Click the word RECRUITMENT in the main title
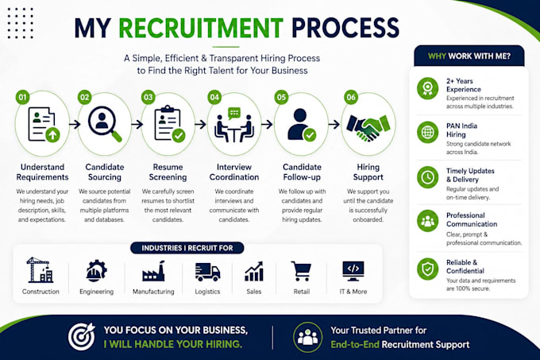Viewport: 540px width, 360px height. coord(201,28)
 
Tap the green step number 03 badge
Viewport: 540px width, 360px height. coord(148,97)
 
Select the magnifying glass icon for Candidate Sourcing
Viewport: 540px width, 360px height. coord(104,123)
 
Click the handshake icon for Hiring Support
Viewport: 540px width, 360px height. coord(368,128)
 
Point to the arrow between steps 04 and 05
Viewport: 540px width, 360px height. coord(267,124)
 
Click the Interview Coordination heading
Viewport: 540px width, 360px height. coord(234,172)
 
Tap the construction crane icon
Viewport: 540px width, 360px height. coord(40,269)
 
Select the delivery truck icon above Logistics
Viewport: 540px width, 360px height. coord(207,272)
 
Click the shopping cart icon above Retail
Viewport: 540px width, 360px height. coord(302,271)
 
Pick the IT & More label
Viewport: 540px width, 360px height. coord(353,292)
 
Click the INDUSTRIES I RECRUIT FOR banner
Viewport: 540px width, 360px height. coord(187,248)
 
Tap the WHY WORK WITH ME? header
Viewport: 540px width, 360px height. coord(469,56)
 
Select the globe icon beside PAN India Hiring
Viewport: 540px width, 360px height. coord(428,132)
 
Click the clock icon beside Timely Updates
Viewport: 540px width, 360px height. coord(428,177)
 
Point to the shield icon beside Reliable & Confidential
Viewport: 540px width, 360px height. coord(428,269)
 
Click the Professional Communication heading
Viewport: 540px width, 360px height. coord(472,220)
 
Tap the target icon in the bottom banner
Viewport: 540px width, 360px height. coord(82,337)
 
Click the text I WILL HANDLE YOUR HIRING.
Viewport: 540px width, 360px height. coord(173,344)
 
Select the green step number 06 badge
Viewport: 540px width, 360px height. coord(351,97)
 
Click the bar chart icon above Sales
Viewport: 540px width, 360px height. coord(254,271)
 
